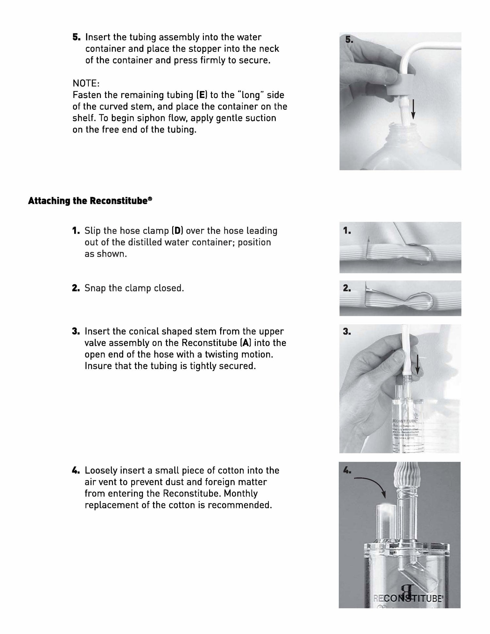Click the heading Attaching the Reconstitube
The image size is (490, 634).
pos(90,201)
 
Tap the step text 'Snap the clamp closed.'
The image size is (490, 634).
pos(134,288)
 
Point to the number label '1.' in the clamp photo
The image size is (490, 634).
pos(347,231)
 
